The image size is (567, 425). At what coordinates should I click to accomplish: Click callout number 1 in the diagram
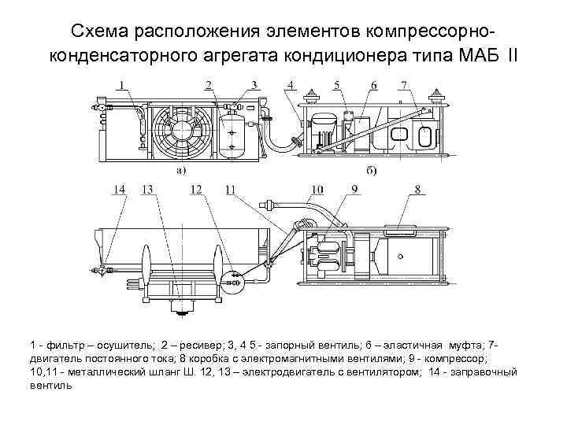click(x=122, y=84)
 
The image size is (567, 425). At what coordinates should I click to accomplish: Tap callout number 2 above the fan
click(x=209, y=84)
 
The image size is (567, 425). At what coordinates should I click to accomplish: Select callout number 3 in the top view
click(x=254, y=84)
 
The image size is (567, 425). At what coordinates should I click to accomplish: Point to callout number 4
click(x=291, y=84)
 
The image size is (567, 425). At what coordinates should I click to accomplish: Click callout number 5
click(x=336, y=84)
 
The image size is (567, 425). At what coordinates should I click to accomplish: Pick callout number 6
click(x=373, y=84)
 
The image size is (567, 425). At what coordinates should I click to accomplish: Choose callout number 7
click(x=403, y=84)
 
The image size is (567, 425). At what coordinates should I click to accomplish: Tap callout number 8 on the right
click(x=418, y=189)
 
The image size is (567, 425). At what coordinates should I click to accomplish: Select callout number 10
click(x=317, y=189)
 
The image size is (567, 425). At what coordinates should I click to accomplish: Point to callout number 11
click(x=230, y=189)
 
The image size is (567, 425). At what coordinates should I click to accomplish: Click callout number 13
click(x=146, y=189)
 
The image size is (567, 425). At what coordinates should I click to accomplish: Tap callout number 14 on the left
click(x=119, y=189)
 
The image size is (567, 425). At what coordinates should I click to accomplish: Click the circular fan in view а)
click(x=180, y=132)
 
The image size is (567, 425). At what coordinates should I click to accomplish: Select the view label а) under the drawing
click(x=180, y=169)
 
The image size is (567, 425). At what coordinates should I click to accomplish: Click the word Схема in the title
click(x=102, y=31)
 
